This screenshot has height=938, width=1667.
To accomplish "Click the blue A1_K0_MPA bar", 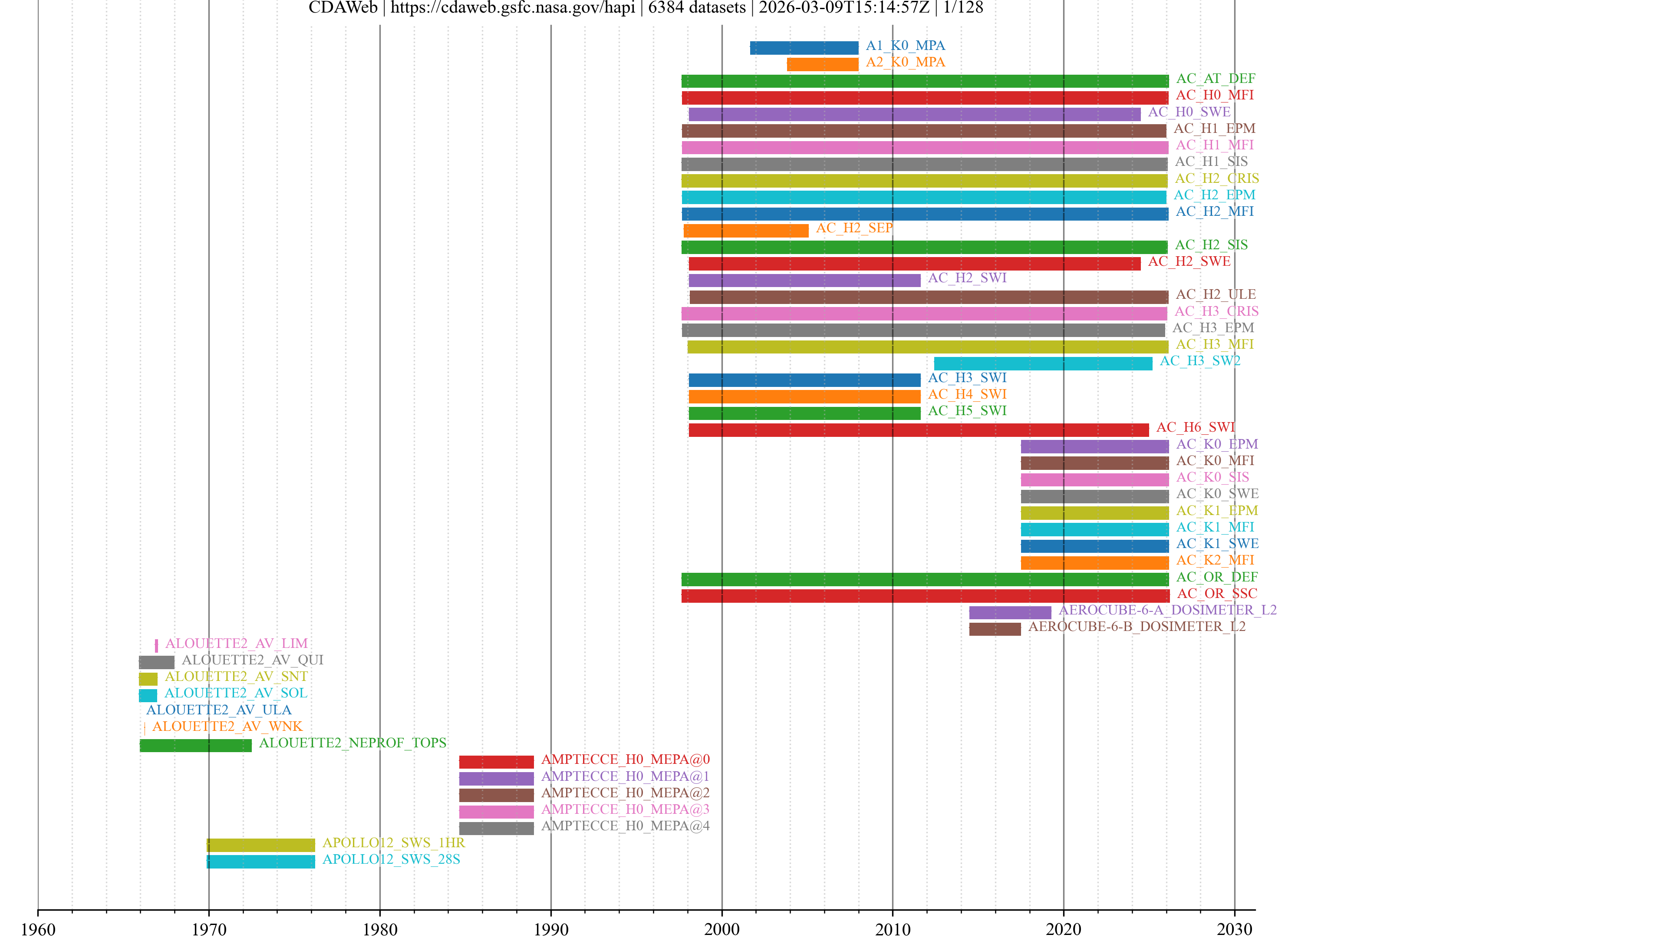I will pyautogui.click(x=804, y=47).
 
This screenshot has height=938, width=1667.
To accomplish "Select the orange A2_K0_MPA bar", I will pyautogui.click(x=823, y=64).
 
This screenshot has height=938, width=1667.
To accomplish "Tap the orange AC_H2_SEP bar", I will pyautogui.click(x=745, y=231).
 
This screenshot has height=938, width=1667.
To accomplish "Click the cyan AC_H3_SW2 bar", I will pyautogui.click(x=1042, y=363).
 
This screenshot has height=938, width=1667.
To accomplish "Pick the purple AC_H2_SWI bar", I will pyautogui.click(x=804, y=280).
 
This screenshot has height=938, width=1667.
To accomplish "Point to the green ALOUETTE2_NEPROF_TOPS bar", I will pyautogui.click(x=195, y=745).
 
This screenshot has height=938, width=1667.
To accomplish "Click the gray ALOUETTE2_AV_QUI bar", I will pyautogui.click(x=157, y=662).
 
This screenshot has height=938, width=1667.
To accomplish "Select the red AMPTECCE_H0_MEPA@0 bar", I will pyautogui.click(x=496, y=762).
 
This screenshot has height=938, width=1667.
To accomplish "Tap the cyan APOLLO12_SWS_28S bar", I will pyautogui.click(x=261, y=862).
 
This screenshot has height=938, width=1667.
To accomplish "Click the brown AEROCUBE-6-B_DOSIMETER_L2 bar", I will pyautogui.click(x=995, y=629).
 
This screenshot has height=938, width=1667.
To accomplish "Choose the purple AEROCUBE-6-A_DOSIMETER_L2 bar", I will pyautogui.click(x=1009, y=612).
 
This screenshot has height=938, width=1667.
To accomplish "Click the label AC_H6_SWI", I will pyautogui.click(x=1195, y=427).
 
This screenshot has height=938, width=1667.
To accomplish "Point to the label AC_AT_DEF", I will pyautogui.click(x=1216, y=78).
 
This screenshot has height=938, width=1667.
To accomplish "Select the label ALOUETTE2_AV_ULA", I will pyautogui.click(x=219, y=710).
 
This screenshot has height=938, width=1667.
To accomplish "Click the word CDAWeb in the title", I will pyautogui.click(x=343, y=8).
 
